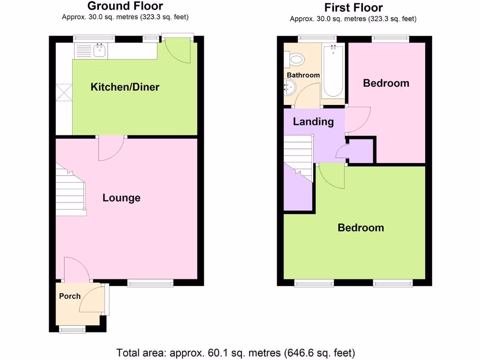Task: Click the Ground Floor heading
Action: click(125, 6)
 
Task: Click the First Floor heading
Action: click(353, 7)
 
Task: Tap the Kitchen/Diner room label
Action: click(125, 87)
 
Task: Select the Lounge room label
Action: click(121, 198)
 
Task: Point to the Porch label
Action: click(69, 296)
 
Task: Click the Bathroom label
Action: click(303, 75)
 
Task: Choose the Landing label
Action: click(313, 122)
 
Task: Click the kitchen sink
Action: click(99, 50)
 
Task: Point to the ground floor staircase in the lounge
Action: click(72, 192)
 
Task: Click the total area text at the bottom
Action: click(236, 352)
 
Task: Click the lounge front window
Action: click(150, 282)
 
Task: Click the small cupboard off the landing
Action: click(360, 151)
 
